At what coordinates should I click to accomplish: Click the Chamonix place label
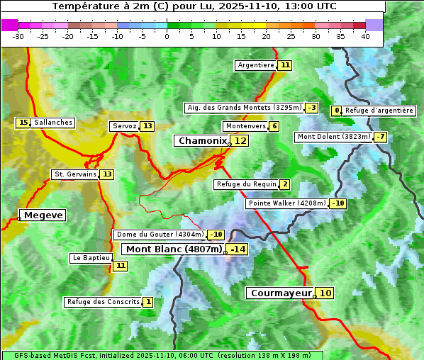coord(202,141)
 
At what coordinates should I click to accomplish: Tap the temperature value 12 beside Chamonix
coord(241,141)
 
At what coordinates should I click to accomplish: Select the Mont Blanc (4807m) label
coord(174,249)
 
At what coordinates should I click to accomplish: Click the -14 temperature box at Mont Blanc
coord(238,249)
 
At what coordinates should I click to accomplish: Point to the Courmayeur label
coord(281,293)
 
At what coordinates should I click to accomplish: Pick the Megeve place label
coord(43,215)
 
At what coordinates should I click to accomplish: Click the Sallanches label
coord(53,123)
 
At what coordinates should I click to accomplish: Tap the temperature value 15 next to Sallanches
coord(23,123)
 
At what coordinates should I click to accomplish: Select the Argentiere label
coord(256,65)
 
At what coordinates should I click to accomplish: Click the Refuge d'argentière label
coord(379,111)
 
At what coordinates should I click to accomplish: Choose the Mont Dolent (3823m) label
coord(334,137)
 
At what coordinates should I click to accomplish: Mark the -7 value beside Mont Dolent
coord(381,137)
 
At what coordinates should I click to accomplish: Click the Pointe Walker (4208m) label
coord(286,203)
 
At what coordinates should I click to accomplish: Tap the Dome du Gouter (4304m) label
coord(160,235)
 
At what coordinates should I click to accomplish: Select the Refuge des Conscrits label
coord(103,302)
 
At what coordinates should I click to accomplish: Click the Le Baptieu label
coord(91,258)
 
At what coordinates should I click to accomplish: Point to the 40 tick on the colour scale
coord(365,35)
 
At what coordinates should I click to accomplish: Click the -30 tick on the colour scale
coord(18,35)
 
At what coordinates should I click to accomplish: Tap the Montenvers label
coord(245,126)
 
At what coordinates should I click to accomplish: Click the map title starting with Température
coord(194,6)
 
